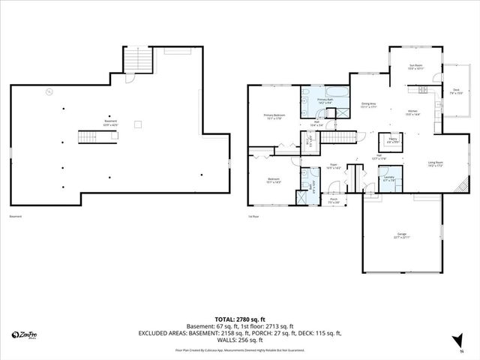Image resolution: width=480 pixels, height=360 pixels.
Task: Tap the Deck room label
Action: coord(456,92)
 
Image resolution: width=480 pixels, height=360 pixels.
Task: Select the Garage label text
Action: coord(402,236)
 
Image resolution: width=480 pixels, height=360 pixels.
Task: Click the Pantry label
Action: coord(392,140)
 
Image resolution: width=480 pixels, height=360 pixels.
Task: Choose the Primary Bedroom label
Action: coord(272,116)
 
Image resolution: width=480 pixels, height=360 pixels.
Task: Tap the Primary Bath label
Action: coord(325,100)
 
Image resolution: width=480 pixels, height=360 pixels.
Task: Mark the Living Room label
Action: coord(435,163)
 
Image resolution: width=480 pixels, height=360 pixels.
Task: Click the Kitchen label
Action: coord(412,113)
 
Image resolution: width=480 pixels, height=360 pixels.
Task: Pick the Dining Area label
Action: coord(368,106)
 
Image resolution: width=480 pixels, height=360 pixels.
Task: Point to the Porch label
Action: coord(334,202)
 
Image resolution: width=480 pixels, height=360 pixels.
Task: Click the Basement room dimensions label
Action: coord(110,123)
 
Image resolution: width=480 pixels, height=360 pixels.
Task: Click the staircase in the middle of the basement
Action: coord(89,136)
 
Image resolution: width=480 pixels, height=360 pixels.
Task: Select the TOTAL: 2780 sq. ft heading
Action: coord(239,319)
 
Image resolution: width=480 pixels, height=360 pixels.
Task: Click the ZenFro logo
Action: coord(25,335)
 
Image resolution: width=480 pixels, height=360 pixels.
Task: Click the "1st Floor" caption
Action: coord(253,217)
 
